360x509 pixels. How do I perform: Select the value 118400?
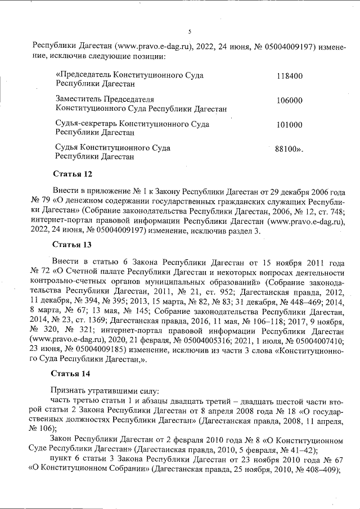tap(290, 75)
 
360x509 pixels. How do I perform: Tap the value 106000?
tap(290, 100)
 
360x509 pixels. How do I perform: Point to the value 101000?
tap(290, 125)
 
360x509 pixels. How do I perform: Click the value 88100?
tap(288, 150)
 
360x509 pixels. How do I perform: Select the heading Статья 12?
tap(71, 173)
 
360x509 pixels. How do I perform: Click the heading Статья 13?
tap(71, 245)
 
